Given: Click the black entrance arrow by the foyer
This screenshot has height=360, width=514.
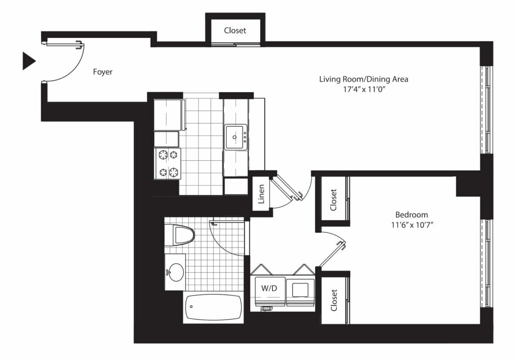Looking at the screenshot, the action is tap(28, 61).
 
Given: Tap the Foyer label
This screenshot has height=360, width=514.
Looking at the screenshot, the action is tap(103, 72).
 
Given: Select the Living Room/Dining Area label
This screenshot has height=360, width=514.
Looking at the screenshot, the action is tap(363, 79).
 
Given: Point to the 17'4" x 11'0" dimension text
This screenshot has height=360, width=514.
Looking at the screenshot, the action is tap(363, 89).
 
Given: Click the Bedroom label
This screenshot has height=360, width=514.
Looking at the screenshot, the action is tap(411, 215).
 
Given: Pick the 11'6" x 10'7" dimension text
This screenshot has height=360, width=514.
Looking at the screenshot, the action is tap(412, 225).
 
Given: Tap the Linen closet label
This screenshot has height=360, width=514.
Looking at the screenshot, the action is tap(261, 194).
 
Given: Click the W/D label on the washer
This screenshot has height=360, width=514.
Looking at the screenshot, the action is tap(269, 288).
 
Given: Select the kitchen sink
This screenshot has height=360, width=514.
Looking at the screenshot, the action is tap(235, 137).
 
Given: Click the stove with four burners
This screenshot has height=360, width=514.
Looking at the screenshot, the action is tap(167, 163).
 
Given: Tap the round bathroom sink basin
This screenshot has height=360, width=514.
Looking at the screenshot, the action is tap(175, 272).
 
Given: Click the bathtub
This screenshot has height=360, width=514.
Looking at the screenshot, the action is tap(214, 307).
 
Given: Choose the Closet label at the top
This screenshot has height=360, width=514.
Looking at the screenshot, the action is tap(235, 31).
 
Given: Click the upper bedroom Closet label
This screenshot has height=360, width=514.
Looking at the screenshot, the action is tap(333, 200).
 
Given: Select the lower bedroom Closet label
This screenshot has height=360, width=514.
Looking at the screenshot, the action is tap(334, 300).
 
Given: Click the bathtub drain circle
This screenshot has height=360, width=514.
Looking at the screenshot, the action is tap(191, 307).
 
